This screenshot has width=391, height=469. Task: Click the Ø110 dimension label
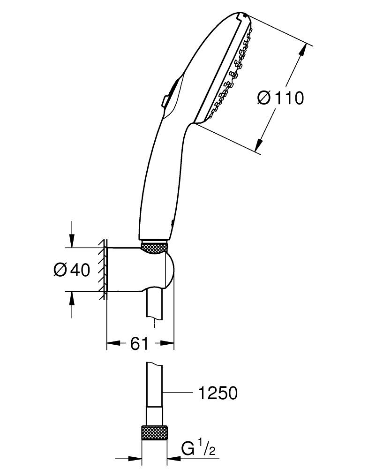click(x=281, y=98)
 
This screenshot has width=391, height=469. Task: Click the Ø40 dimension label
click(x=72, y=270)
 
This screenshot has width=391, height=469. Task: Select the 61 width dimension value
click(x=140, y=344)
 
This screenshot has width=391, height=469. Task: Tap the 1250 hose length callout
click(x=216, y=393)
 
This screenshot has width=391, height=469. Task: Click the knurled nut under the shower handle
click(x=154, y=248)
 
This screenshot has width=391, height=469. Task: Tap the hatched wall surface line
click(x=104, y=270)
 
